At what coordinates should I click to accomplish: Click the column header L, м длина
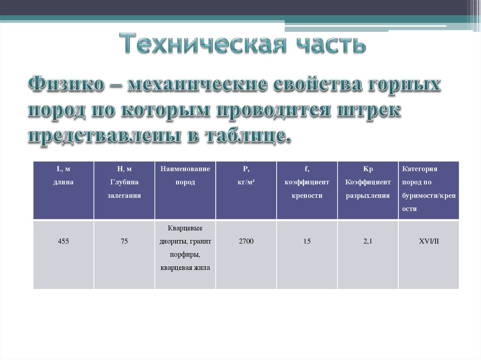(x=63, y=176)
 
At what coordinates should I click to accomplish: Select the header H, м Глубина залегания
(x=124, y=182)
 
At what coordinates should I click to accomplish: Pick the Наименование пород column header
(x=185, y=176)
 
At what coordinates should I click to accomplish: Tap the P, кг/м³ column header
(x=246, y=176)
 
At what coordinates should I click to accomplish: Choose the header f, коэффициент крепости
(x=307, y=182)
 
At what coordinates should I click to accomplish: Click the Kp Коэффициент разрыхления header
(x=368, y=182)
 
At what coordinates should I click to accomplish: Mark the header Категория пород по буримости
(x=428, y=189)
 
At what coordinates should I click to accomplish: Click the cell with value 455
(x=63, y=241)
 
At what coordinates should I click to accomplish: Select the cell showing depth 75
(x=124, y=241)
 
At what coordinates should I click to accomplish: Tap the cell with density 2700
(x=246, y=241)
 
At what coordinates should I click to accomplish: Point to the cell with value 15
(x=307, y=241)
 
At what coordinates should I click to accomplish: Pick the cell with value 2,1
(x=368, y=241)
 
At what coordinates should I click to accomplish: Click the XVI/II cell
(x=428, y=241)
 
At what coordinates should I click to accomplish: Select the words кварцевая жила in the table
(x=185, y=268)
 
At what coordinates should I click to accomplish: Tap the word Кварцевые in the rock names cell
(x=185, y=228)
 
